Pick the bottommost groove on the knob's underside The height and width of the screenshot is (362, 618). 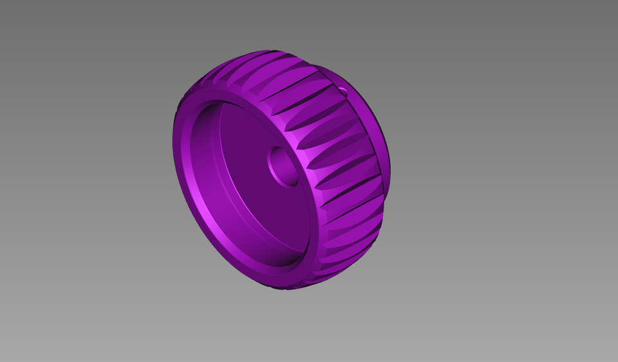pyautogui.click(x=296, y=283)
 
